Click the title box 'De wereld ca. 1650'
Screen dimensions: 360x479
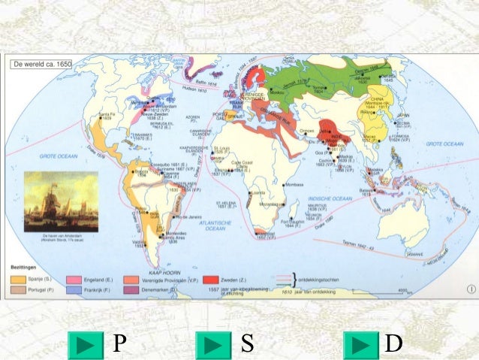point(42,65)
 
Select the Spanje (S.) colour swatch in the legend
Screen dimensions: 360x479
point(17,278)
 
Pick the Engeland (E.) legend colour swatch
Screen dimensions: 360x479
point(74,278)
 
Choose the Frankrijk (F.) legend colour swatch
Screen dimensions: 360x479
point(74,289)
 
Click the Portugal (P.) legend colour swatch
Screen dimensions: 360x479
point(17,289)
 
